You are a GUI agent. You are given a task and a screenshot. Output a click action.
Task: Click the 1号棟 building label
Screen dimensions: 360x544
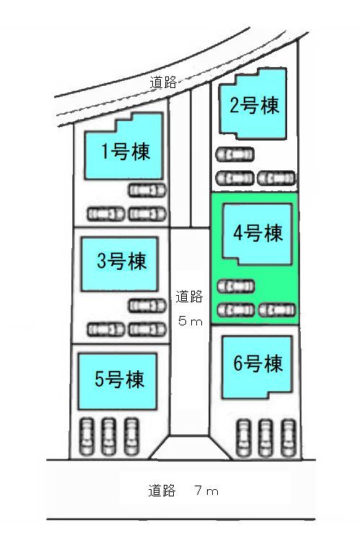tap(126, 152)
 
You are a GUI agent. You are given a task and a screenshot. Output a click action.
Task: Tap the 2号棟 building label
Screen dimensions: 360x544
tap(254, 105)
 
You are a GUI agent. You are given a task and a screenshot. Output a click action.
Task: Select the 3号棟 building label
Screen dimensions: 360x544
tap(122, 260)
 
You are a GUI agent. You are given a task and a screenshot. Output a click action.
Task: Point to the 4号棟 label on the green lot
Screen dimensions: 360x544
tap(258, 232)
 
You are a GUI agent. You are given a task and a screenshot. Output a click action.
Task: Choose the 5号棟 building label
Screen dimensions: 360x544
tap(119, 379)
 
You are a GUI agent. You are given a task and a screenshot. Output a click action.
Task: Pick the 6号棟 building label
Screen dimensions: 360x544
tap(258, 363)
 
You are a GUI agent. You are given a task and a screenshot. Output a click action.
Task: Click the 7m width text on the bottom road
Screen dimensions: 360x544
tap(207, 491)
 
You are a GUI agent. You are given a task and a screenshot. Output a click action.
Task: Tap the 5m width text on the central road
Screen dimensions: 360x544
tap(190, 321)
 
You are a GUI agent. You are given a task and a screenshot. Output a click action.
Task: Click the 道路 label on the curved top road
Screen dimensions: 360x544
tap(163, 82)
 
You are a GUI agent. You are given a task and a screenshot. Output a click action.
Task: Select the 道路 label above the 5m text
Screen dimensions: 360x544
tap(189, 297)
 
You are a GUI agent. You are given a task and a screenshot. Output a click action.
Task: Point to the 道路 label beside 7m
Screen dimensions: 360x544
tap(162, 491)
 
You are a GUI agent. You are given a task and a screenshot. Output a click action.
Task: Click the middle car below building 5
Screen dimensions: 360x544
tap(108, 436)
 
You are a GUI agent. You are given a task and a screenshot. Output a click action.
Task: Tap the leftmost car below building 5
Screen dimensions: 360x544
tap(87, 436)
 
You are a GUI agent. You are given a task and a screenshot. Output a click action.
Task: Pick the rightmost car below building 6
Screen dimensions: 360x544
tap(289, 437)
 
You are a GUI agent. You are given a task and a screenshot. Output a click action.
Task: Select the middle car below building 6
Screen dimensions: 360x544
tap(265, 437)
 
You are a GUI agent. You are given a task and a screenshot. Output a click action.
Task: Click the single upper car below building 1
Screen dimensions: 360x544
tap(147, 190)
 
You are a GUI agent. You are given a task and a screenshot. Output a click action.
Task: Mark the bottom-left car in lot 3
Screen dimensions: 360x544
tap(105, 329)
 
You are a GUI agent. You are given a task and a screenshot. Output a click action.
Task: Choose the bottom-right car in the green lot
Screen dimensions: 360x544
tap(277, 310)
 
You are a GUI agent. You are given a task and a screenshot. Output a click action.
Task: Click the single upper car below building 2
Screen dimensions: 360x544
tap(234, 154)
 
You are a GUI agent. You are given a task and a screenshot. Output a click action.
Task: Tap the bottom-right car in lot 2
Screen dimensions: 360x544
tap(276, 178)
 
